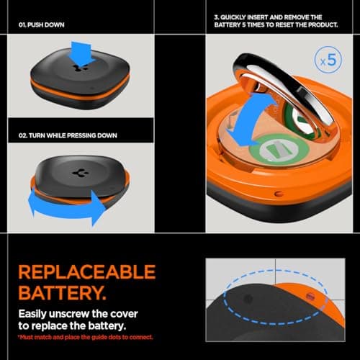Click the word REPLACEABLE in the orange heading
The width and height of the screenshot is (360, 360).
point(86,272)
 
